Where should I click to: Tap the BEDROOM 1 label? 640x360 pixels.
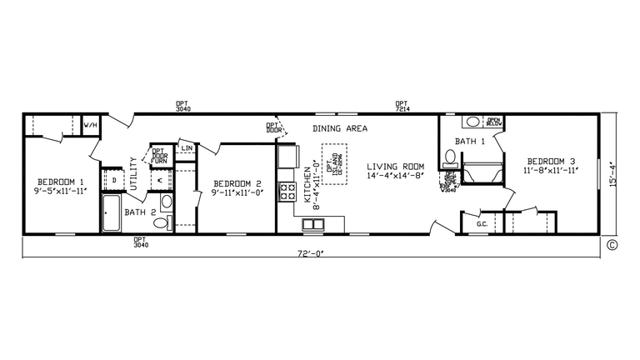61,182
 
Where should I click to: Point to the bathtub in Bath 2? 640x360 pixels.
112,212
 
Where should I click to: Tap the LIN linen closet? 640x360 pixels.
187,148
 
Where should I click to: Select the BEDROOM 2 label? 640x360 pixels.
237,183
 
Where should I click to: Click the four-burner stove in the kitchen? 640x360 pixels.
287,192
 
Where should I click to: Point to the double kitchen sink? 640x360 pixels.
313,223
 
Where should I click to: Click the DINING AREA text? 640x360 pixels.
340,129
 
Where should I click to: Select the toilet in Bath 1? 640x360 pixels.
450,157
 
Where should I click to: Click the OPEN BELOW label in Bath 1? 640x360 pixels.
493,122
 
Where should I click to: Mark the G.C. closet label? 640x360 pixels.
482,224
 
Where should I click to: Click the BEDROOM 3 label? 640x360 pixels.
550,161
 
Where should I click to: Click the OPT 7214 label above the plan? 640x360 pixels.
402,107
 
